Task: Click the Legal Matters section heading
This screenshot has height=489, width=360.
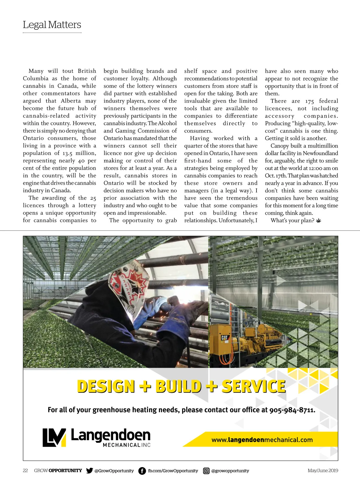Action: [x=52, y=25]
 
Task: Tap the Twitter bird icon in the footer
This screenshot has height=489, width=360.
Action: [x=89, y=470]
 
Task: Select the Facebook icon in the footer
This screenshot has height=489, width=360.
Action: [x=142, y=471]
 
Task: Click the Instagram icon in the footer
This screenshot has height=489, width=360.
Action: [x=206, y=471]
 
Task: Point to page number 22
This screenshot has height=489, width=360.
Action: [x=25, y=470]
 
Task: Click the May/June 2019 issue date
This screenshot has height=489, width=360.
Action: [x=323, y=470]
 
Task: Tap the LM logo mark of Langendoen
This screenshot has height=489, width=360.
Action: [x=54, y=437]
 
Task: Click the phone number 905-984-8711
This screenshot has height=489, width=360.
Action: [x=292, y=410]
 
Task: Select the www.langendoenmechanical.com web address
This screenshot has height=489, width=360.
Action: [x=262, y=440]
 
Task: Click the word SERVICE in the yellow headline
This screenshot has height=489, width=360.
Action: [x=253, y=386]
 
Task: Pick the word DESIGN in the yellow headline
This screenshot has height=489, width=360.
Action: [x=106, y=386]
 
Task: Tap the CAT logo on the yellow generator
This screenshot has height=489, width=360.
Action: [x=224, y=338]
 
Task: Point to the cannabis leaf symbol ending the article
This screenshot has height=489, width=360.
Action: [x=319, y=221]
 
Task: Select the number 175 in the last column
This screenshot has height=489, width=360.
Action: [x=310, y=101]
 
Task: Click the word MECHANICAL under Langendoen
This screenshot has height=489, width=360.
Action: [x=121, y=445]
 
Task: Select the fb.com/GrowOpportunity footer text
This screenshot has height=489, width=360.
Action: [x=173, y=471]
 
